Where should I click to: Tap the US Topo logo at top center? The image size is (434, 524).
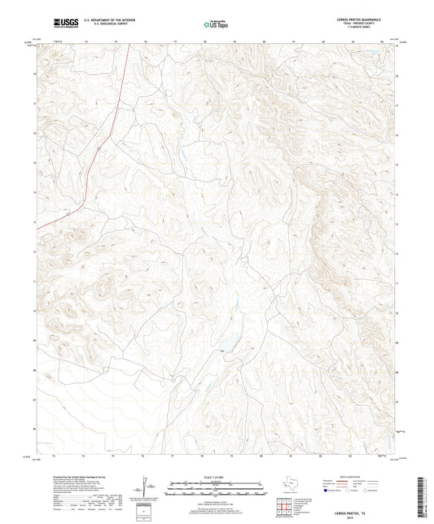(x=216, y=25)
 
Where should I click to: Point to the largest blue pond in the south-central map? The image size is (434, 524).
(x=221, y=351)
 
